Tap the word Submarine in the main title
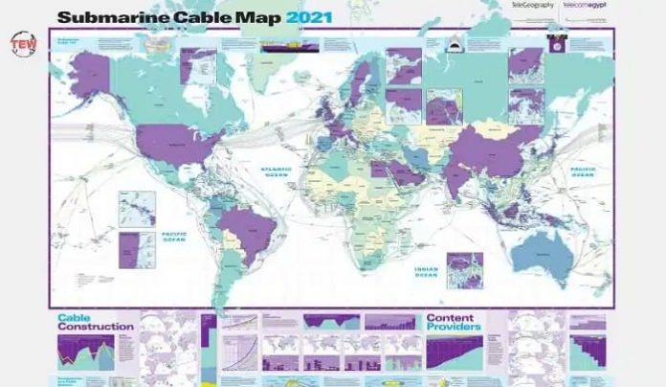[x=109, y=16]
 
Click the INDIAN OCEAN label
[x=426, y=270]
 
